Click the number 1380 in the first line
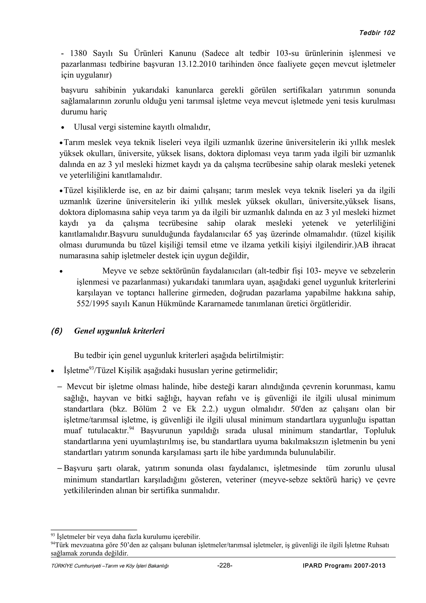(78, 53)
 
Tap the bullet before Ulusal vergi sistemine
(62, 128)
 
